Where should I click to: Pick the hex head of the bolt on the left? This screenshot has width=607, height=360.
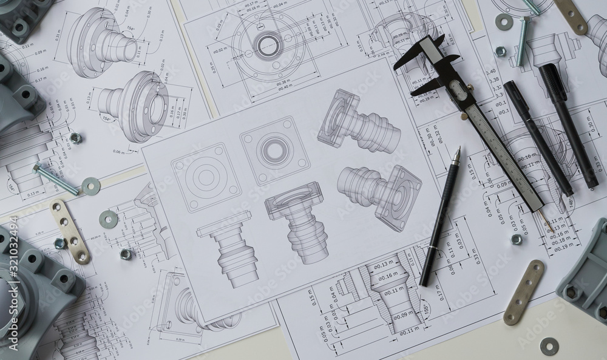[38, 168]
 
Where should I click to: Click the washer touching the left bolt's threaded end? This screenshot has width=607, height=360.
[90, 185]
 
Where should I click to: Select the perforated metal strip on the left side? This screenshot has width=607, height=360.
[70, 231]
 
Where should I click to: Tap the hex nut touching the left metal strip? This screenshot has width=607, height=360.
[60, 243]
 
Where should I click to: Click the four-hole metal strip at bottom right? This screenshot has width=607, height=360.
[523, 292]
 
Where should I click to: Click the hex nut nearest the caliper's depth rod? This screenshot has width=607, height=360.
[517, 239]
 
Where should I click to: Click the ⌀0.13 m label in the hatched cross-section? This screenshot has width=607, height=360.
[383, 265]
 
